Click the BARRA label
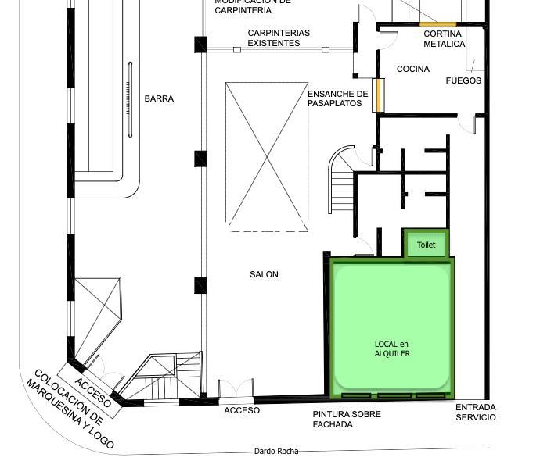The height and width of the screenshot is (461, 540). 159,98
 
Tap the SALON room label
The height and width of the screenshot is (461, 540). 265,274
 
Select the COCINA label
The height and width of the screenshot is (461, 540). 413,69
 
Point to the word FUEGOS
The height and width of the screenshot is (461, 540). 463,80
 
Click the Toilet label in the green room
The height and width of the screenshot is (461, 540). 427,245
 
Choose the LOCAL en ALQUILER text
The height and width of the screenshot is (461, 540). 392,348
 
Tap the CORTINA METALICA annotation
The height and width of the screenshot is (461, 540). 445,39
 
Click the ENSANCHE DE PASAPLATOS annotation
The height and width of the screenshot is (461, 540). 338,98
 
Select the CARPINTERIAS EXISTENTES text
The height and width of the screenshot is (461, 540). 279,38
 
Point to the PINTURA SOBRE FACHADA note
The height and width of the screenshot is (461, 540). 347,420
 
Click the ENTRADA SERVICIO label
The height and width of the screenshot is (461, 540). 476,413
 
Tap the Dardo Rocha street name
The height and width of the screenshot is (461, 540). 276,451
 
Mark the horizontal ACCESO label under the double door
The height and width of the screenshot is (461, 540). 242,410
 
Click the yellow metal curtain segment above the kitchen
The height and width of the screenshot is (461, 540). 437,24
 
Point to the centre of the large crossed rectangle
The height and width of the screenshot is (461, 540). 267,157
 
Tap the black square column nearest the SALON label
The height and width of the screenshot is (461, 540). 200,285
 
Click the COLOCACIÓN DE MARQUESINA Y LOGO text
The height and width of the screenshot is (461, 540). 70,409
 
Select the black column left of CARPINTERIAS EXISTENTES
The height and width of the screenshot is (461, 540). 200,45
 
